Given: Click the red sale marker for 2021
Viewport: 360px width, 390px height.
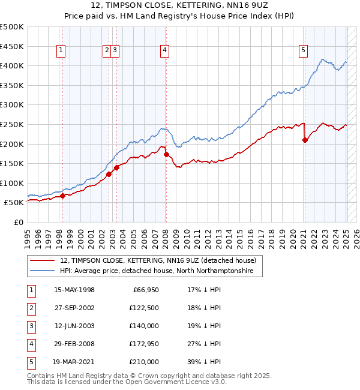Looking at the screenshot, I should [x=305, y=140].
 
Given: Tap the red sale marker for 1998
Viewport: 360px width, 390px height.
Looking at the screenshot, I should [x=62, y=196].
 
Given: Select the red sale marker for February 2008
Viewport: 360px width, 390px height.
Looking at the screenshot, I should [x=166, y=154].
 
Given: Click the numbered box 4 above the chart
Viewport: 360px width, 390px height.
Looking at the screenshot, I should [x=164, y=51].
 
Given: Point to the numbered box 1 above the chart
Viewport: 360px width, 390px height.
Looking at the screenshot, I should [x=61, y=51].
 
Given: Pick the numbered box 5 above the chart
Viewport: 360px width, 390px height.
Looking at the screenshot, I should [x=304, y=51].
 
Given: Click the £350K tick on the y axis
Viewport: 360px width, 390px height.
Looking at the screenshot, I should [x=12, y=85].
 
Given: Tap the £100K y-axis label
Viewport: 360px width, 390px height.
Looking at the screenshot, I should [x=12, y=183].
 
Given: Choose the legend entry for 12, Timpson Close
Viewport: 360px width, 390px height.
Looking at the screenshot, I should [x=158, y=260].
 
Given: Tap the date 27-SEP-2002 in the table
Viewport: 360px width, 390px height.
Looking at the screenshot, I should [x=74, y=308].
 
